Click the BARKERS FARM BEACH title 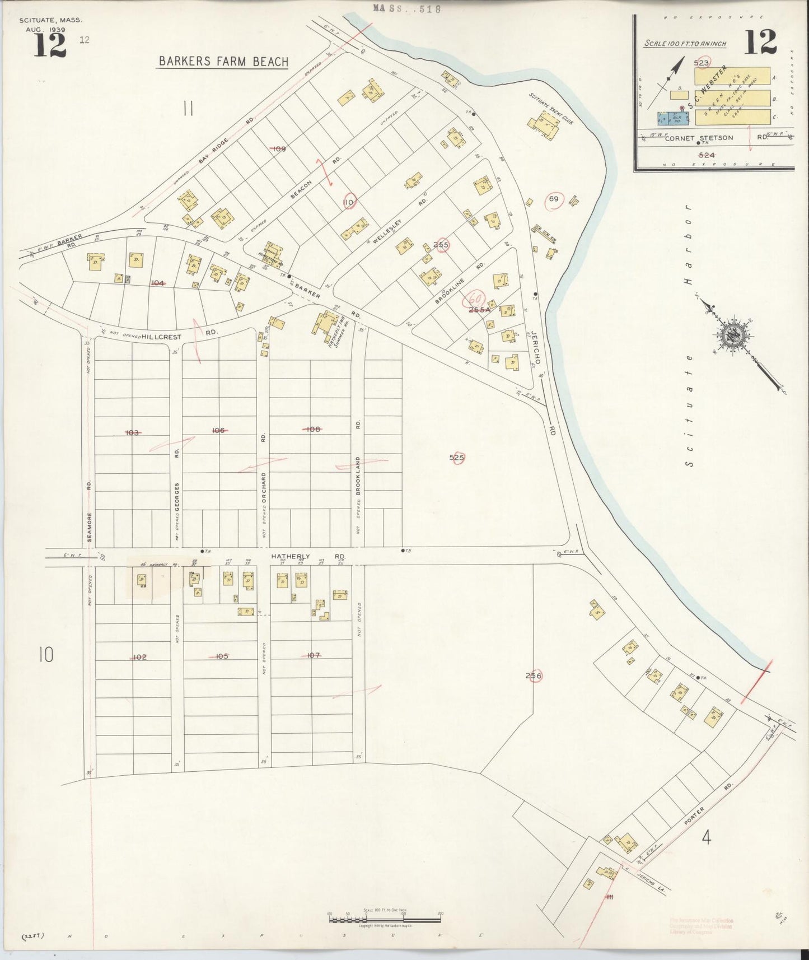coord(223,62)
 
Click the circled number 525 coord(457,458)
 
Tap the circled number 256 coord(534,676)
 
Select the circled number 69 coord(554,199)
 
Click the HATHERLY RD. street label coord(308,556)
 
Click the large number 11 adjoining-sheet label coord(188,108)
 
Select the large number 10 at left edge coord(46,654)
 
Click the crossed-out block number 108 coord(312,429)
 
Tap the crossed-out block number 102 coord(139,656)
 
